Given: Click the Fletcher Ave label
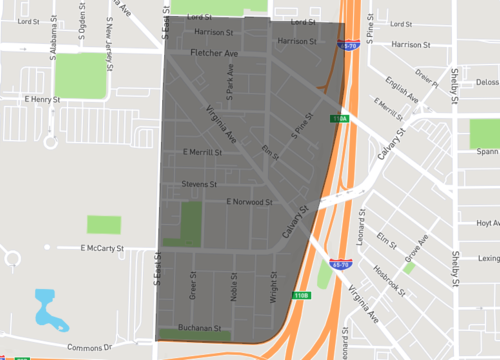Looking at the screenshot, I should pos(216,52).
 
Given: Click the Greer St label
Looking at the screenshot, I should pos(193,286).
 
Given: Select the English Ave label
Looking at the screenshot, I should pos(403,97).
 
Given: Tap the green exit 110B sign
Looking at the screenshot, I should pos(301,295).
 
